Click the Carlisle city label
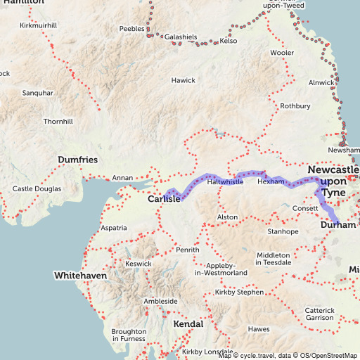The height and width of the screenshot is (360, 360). pos(165,199)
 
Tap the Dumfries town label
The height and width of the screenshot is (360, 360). pos(77,160)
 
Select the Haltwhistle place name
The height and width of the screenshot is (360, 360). pos(225,182)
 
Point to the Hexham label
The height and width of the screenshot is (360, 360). pos(271,181)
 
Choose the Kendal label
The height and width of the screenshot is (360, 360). pos(188,324)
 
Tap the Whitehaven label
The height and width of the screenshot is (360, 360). pos(81,276)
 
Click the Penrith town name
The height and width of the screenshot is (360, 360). pos(188,250)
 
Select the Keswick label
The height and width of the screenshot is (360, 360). pos(138,264)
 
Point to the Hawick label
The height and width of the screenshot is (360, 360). pos(183,80)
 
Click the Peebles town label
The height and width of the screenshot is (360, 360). pos(131,29)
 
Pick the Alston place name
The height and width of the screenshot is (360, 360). pos(227,218)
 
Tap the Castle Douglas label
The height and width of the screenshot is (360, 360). pos(35,189)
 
